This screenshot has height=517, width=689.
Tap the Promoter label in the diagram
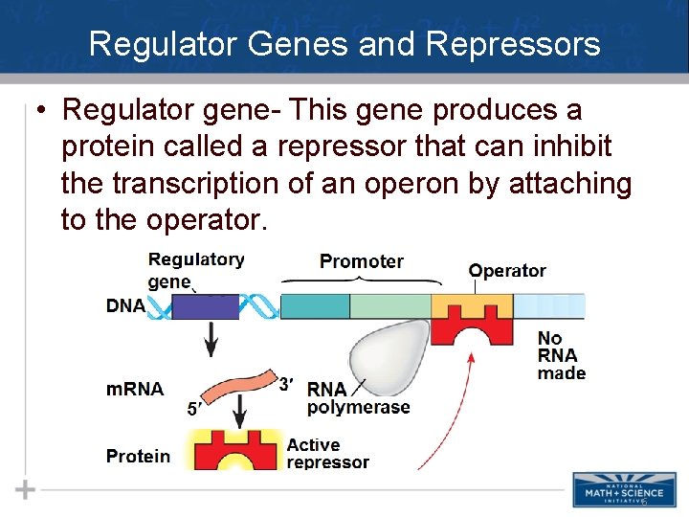tap(362, 261)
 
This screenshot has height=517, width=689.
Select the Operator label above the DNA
tap(507, 271)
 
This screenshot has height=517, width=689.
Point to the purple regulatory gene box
tap(205, 306)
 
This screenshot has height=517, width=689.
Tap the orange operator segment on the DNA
tap(472, 305)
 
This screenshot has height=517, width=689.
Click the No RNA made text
tap(561, 355)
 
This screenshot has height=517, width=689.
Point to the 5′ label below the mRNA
tap(193, 409)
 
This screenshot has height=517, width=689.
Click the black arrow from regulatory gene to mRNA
tap(211, 338)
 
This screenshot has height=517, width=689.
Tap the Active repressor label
tap(327, 453)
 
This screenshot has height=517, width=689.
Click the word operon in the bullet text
tap(423, 184)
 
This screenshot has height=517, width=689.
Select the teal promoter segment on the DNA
tap(316, 306)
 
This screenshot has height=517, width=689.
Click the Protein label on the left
tap(138, 456)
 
